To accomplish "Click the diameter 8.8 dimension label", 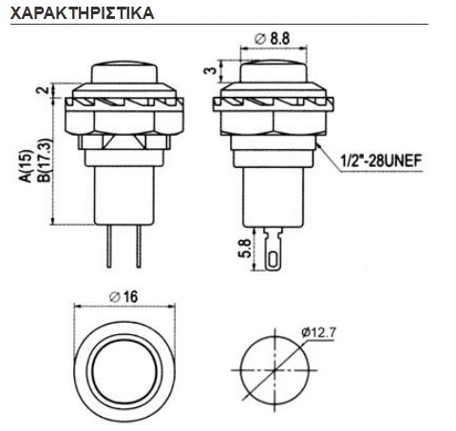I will click(x=273, y=38).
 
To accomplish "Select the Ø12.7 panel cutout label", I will click(x=319, y=332).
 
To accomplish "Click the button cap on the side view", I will click(x=274, y=71).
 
